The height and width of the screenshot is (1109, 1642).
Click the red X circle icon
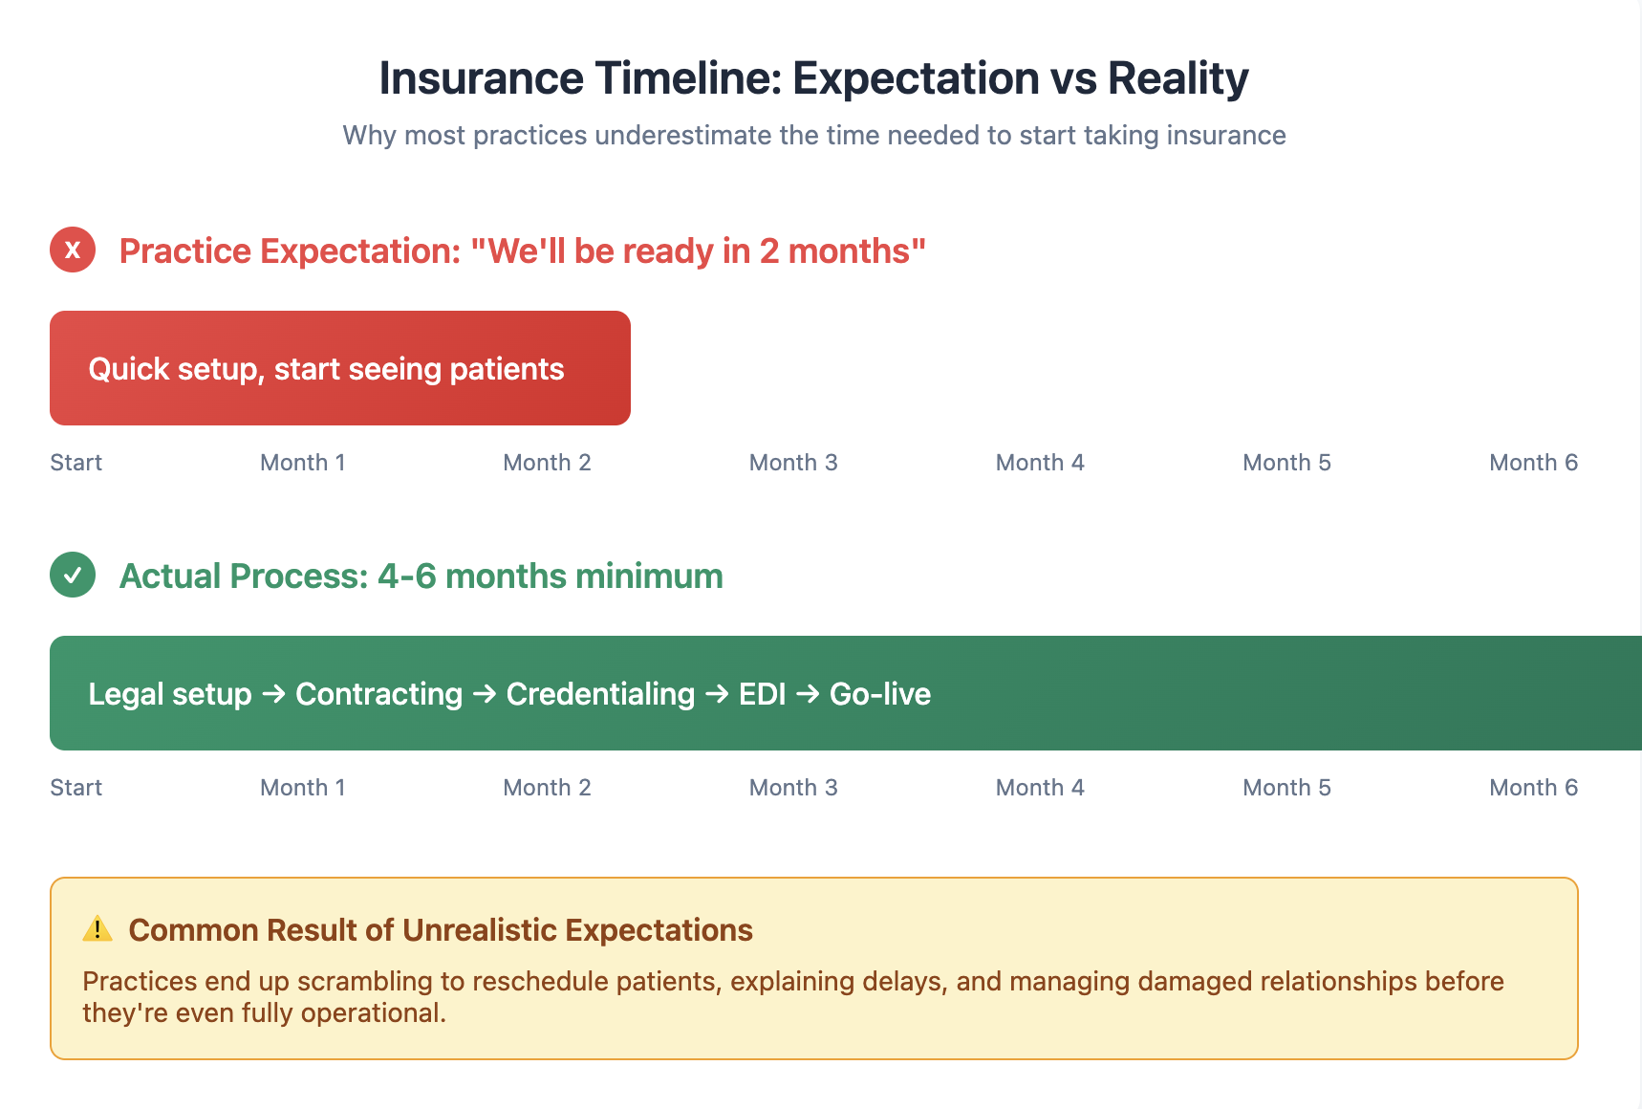73,250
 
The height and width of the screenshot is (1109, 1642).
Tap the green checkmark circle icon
73,575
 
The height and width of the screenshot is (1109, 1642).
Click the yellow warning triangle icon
97,928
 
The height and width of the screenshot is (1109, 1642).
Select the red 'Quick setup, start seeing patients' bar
340,368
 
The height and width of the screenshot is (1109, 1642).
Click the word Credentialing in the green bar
600,694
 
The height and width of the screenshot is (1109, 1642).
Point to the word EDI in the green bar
762,694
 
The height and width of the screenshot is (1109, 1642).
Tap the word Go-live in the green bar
880,694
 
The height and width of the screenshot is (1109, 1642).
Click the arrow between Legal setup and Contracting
273,694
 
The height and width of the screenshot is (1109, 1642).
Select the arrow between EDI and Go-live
808,694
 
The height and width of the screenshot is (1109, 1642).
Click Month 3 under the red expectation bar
793,463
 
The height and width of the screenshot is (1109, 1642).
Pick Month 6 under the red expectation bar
1533,463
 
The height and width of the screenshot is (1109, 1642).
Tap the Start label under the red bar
76,463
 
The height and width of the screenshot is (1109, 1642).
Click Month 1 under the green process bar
302,788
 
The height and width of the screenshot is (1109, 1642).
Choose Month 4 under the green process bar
1040,788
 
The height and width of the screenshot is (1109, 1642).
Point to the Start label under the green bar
76,788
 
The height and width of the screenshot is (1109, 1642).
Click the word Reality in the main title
1177,78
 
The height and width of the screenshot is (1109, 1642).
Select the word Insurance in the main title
481,78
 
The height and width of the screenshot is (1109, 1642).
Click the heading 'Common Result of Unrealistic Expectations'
441,930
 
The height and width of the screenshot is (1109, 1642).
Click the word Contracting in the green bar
379,694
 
